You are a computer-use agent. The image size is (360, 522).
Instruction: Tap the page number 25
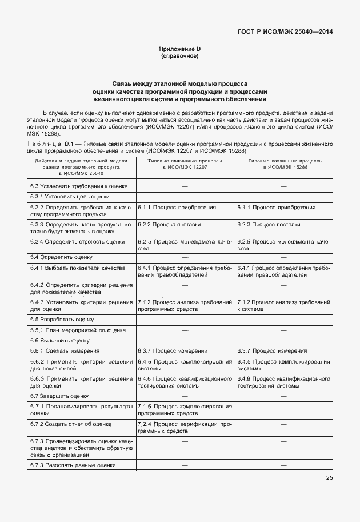click(x=329, y=479)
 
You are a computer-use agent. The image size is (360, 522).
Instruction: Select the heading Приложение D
click(x=179, y=50)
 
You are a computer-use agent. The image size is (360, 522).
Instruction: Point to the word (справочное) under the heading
click(x=179, y=57)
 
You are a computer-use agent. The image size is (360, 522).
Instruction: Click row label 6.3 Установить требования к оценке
click(x=82, y=186)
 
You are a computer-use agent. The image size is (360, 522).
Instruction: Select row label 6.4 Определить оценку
click(x=57, y=258)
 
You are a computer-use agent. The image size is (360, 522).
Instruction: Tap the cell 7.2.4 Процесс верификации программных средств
click(x=185, y=428)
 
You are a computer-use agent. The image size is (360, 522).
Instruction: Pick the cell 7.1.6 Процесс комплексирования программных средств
click(x=185, y=409)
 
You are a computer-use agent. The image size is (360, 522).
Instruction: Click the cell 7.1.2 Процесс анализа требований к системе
click(x=283, y=305)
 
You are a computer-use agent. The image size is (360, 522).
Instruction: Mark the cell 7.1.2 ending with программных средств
click(x=185, y=305)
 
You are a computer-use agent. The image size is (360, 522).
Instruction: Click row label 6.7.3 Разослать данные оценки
click(x=73, y=465)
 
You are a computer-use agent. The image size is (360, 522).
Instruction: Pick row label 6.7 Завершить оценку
click(x=59, y=396)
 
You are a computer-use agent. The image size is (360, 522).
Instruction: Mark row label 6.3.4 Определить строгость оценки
click(x=77, y=242)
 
